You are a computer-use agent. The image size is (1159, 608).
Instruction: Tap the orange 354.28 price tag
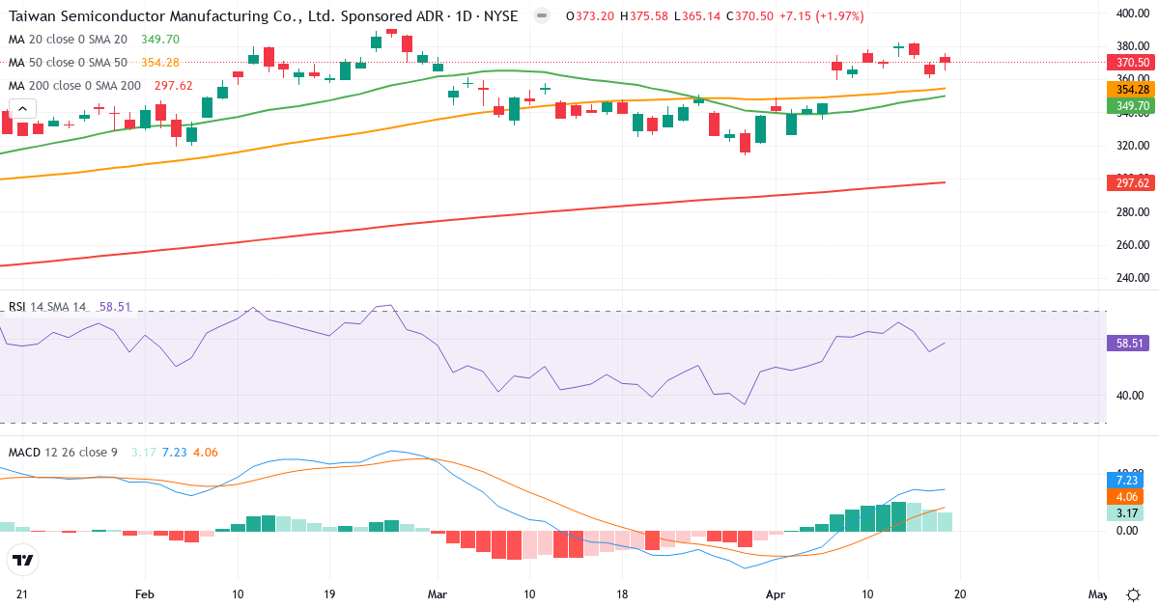coord(1128,90)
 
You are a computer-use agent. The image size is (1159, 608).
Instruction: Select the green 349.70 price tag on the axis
coord(1128,105)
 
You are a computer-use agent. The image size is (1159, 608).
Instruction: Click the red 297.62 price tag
coord(1128,183)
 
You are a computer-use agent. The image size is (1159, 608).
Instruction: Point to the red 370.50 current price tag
coord(1128,62)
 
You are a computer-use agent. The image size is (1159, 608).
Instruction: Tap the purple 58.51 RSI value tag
coord(1128,343)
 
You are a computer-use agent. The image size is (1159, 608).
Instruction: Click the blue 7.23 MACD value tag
coord(1128,480)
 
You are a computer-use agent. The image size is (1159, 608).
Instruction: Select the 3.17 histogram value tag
coord(1128,513)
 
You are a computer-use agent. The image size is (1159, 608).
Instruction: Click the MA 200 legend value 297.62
coord(174,86)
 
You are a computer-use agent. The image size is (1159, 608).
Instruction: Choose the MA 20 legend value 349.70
coord(160,40)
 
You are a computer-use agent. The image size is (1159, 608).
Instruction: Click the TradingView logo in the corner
coord(23,560)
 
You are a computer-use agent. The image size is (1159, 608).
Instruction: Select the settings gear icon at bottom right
coord(1133,594)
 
